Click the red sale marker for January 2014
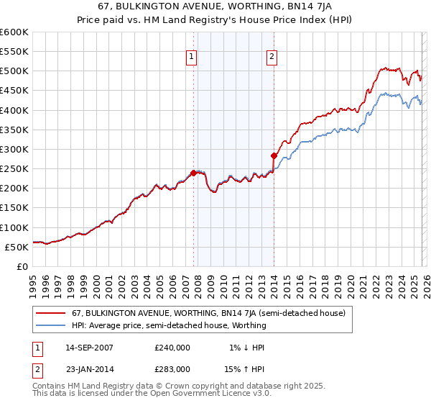click(x=274, y=155)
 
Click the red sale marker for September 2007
click(x=193, y=173)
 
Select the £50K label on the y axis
click(x=17, y=247)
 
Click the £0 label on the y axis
click(x=22, y=266)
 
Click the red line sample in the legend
click(x=51, y=313)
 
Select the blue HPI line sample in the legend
click(x=51, y=325)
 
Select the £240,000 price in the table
click(x=172, y=347)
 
